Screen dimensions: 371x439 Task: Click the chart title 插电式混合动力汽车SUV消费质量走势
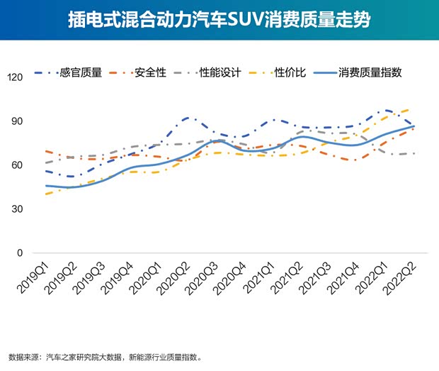pyautogui.click(x=219, y=18)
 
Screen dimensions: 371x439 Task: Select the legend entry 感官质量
pyautogui.click(x=81, y=72)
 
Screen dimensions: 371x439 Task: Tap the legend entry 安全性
pyautogui.click(x=157, y=72)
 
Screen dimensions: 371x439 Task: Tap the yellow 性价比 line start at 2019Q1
pyautogui.click(x=45, y=194)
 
